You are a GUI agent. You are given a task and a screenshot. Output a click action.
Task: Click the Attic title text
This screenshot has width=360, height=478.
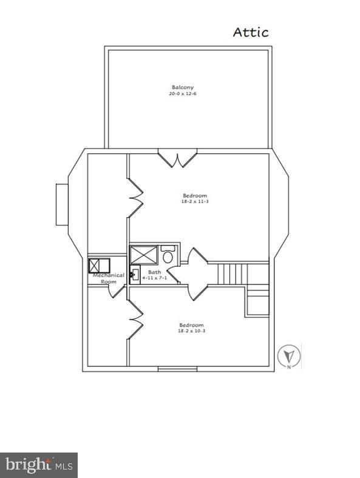[x=251, y=32]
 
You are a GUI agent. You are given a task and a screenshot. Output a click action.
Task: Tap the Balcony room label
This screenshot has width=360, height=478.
[x=183, y=87]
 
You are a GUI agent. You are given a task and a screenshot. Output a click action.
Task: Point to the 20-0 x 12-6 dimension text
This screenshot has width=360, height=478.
[x=183, y=93]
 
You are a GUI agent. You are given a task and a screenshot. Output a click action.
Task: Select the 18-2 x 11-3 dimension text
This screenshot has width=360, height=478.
[x=195, y=201]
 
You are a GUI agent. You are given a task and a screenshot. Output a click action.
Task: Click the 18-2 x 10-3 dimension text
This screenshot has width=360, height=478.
[x=191, y=331]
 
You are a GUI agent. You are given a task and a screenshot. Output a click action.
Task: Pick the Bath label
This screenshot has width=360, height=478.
[x=154, y=272]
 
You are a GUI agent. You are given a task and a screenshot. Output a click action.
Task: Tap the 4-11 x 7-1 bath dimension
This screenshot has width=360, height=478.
[x=154, y=278]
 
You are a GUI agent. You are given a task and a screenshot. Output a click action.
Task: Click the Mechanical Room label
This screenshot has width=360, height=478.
[x=109, y=278]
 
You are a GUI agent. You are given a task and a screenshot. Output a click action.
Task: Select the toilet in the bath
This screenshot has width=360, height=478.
[x=168, y=254]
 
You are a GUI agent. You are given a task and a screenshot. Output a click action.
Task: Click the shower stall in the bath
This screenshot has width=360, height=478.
[x=144, y=254]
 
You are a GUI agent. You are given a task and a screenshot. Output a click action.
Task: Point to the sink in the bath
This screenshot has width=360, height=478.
[x=135, y=274]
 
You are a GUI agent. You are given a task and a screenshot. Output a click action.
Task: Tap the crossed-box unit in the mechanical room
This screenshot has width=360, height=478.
[x=99, y=266]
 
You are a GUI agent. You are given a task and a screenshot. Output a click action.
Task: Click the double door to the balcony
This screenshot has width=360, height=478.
[x=177, y=158]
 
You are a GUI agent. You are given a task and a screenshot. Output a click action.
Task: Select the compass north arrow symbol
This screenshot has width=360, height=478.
[x=289, y=356]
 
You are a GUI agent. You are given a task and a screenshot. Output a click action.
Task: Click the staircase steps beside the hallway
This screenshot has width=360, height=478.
[x=232, y=274]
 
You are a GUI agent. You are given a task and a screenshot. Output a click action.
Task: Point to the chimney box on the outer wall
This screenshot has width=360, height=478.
[x=62, y=204]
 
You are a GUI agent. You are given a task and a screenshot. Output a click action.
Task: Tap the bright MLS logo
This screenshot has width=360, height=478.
[x=39, y=465]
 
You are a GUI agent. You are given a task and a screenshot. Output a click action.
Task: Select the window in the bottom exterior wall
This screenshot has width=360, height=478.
[x=177, y=369]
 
